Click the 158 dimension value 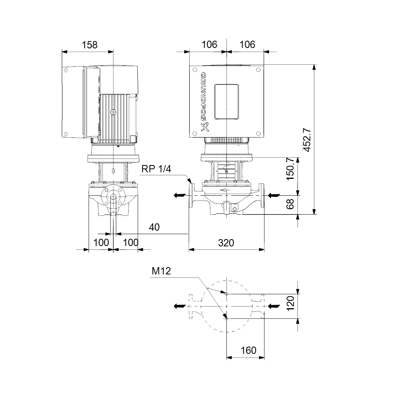click(x=89, y=45)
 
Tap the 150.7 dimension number click(x=290, y=169)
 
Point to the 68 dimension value click(x=290, y=204)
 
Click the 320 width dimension click(x=226, y=243)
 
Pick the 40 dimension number click(x=154, y=227)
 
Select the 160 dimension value click(x=248, y=350)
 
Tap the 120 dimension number click(x=290, y=303)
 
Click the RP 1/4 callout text click(x=156, y=169)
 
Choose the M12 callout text click(x=161, y=271)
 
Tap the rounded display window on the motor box click(x=226, y=101)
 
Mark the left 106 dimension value click(x=209, y=45)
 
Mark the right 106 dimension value click(x=248, y=45)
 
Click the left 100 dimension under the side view click(x=101, y=243)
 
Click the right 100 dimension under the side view click(x=130, y=243)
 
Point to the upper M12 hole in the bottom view click(x=226, y=294)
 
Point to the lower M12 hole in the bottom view click(x=226, y=319)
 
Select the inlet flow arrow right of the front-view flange click(x=274, y=195)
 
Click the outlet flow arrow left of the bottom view click(x=180, y=306)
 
